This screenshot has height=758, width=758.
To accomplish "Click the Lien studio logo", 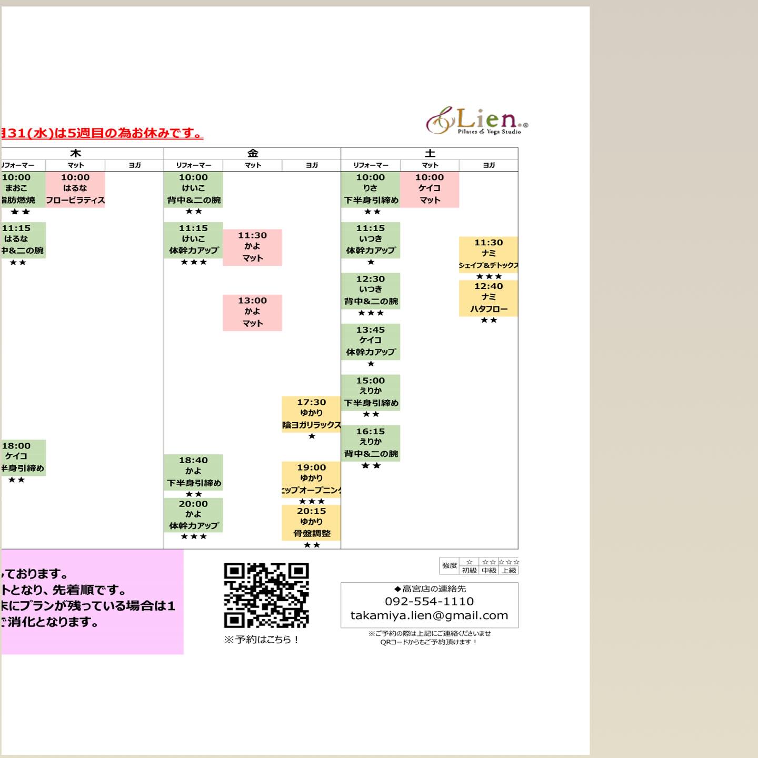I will click(476, 121).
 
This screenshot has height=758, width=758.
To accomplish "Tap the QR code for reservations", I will click(266, 595).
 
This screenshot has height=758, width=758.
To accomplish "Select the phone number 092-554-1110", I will click(429, 601).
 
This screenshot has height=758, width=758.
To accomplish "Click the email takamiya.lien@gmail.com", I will click(429, 615).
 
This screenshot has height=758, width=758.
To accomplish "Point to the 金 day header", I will click(253, 153).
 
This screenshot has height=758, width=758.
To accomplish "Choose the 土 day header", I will click(430, 153).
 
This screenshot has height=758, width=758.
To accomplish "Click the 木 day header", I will click(75, 153).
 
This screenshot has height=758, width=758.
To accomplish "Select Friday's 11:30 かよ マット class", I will click(252, 247).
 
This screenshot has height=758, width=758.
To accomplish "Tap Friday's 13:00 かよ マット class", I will click(252, 312).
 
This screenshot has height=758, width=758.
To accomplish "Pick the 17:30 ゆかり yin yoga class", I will click(311, 414).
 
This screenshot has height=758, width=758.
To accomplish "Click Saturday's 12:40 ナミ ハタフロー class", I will click(488, 298).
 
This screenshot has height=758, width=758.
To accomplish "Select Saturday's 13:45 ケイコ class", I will click(371, 341).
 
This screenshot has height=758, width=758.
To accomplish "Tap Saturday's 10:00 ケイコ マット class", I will click(430, 189).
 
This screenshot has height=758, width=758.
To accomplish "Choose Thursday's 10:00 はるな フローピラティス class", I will click(75, 189).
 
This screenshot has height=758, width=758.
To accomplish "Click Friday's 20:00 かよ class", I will click(193, 515).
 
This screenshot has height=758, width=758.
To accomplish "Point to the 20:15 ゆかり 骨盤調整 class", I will click(311, 522).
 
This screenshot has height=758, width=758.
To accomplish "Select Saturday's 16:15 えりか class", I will click(371, 443).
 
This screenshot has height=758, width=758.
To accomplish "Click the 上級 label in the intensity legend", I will click(508, 570).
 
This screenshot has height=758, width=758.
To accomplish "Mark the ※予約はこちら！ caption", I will click(261, 640).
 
